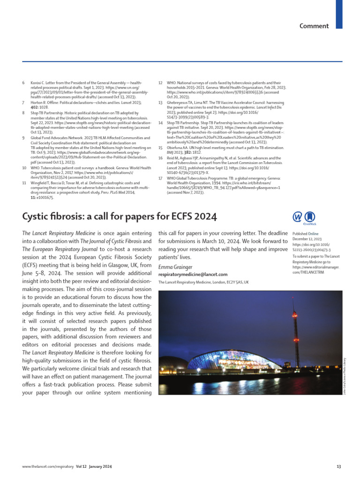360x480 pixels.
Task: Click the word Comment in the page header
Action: (x=314, y=26)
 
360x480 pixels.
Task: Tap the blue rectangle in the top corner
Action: (x=339, y=14)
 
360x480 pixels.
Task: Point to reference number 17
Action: (x=160, y=179)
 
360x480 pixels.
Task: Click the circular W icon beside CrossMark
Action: (x=297, y=217)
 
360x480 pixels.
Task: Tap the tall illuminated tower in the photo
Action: (x=296, y=328)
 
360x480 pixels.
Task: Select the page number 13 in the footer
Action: (x=339, y=466)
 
